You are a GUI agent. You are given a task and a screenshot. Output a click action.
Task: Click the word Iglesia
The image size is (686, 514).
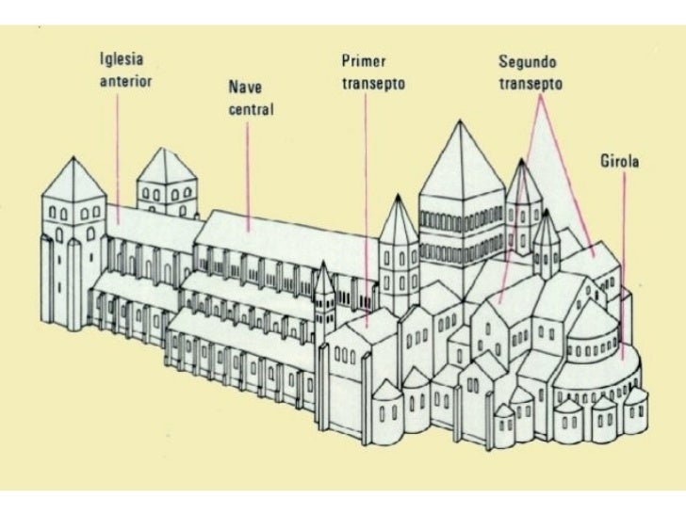(x=121, y=57)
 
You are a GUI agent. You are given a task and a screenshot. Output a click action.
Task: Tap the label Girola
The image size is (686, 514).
(x=620, y=162)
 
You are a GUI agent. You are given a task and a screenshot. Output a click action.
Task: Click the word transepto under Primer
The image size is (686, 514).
(x=372, y=83)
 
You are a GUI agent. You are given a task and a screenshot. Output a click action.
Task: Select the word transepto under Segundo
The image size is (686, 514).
(x=531, y=83)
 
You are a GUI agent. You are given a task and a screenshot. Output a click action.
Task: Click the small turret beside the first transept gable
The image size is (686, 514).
(x=324, y=292)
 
